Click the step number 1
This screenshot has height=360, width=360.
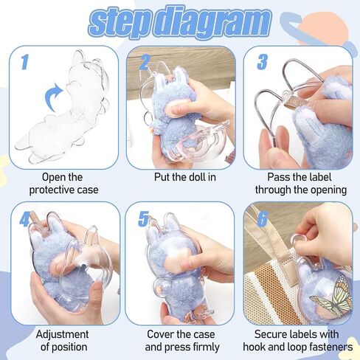pos(24,62)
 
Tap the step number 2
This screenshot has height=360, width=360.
pos(145,63)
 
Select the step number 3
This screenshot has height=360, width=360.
pos(263,62)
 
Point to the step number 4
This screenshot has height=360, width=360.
pos(25,219)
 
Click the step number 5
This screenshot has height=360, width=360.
pos(143,219)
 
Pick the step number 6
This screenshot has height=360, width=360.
pos(262,219)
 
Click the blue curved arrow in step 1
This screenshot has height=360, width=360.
pos(54,97)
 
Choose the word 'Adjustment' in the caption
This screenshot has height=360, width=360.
pos(62,334)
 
